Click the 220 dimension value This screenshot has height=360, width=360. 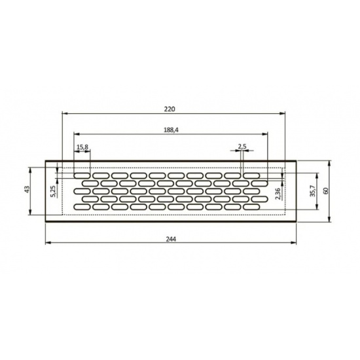pos(170,109)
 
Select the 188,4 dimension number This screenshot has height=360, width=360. pos(171,130)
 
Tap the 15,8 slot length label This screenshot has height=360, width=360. pos(82,147)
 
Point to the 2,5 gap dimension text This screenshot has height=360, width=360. pos(242,147)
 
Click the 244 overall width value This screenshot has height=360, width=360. pos(171,239)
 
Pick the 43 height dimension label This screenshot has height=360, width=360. pos(27,190)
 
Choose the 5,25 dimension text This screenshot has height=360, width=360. pos(53,191)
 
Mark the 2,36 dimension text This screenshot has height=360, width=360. pos(278,194)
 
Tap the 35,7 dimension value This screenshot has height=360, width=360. pos(312,190)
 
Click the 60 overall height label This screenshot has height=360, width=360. pos(326,191)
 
